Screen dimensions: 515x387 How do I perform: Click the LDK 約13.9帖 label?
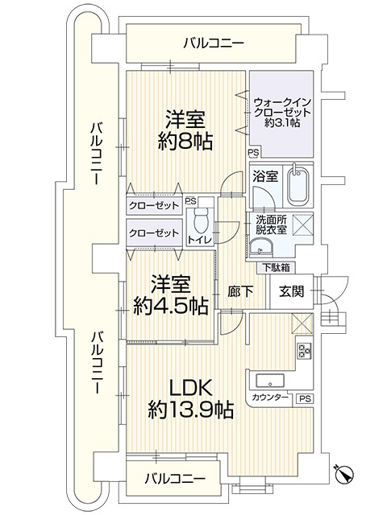coord(191,398)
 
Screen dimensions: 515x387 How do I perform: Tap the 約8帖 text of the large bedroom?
coord(185,142)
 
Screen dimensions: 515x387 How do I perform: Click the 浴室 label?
coord(262,175)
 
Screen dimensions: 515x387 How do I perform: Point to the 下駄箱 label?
coord(274,267)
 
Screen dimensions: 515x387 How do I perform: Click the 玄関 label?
coord(292,292)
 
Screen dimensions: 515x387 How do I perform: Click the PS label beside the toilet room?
coord(190,202)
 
